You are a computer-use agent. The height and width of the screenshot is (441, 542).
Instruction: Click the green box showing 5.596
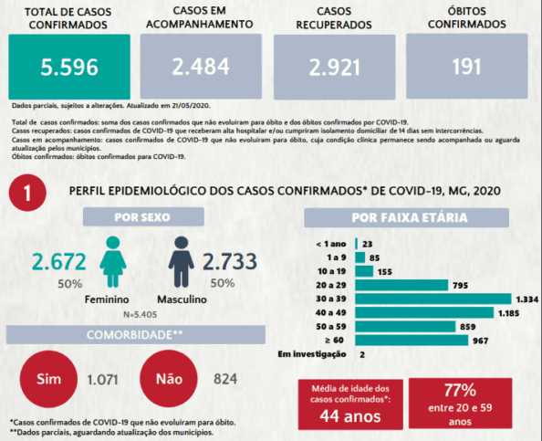tap(69, 67)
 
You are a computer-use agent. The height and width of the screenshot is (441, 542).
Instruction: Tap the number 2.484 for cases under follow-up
tap(201, 67)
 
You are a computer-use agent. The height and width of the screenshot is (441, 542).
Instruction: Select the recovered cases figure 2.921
tap(334, 68)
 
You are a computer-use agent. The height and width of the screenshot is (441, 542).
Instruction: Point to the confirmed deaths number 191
tap(466, 67)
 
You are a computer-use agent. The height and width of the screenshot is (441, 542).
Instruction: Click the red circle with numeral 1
tap(27, 193)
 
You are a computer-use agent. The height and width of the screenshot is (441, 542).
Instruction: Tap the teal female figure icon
tap(113, 262)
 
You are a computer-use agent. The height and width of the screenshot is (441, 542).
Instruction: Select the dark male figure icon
tap(182, 262)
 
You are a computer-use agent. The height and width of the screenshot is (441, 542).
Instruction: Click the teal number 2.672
tap(59, 262)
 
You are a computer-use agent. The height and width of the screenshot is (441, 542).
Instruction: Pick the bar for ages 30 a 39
tap(433, 299)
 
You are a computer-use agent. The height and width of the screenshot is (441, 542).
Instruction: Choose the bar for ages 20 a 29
tap(401, 285)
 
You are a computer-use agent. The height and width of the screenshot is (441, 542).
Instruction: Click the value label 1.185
tap(508, 313)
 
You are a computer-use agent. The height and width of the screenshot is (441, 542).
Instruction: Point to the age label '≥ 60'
tap(334, 341)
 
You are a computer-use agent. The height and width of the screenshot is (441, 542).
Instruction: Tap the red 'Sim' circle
tap(48, 379)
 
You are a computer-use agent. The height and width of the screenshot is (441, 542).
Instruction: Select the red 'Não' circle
tap(169, 379)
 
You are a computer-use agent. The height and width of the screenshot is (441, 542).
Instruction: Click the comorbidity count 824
tap(225, 379)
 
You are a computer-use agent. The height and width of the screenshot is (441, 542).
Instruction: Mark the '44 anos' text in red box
tap(350, 416)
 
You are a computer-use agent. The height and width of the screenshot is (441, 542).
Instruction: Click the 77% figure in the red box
tap(460, 390)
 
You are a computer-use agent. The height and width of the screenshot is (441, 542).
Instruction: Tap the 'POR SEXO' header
tap(142, 217)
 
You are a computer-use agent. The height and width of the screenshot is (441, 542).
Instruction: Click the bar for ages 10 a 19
tap(364, 271)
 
